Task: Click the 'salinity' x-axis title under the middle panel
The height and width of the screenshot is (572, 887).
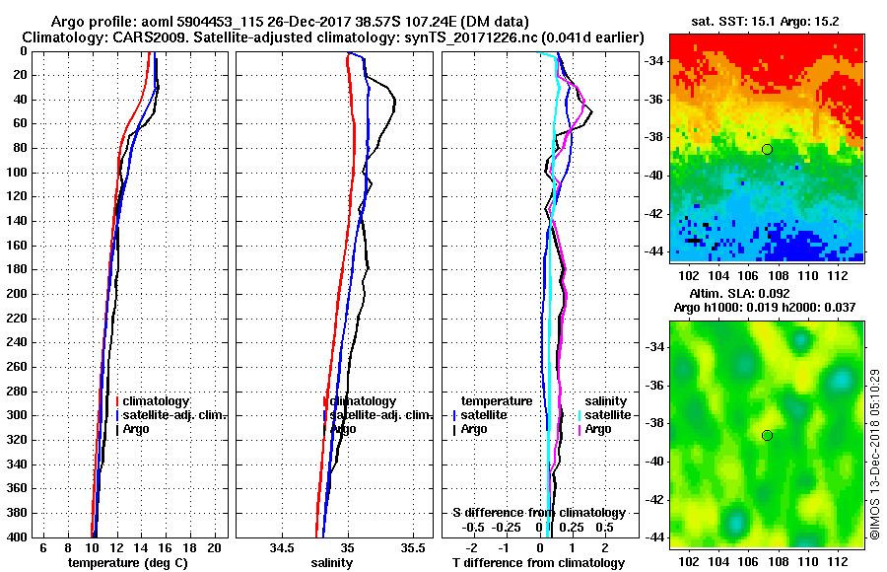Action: point(332,563)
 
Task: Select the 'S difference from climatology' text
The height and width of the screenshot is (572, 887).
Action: point(539,513)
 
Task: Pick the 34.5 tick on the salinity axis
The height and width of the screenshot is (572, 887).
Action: point(283,546)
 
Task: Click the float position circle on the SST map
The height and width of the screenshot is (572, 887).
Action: point(767,149)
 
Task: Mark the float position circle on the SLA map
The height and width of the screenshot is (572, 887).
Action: point(767,435)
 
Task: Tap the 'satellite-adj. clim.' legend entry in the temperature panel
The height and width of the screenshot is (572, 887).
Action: point(175,415)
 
